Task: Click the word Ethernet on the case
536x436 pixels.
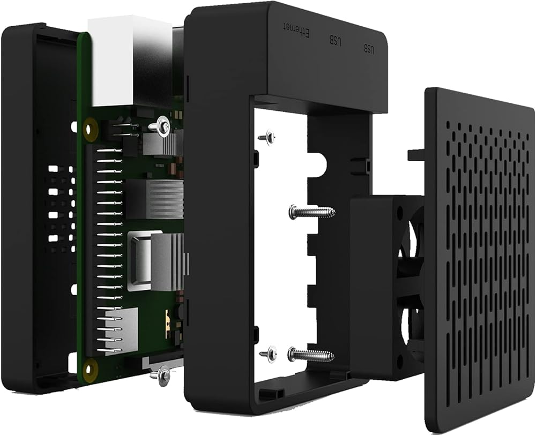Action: tap(297, 30)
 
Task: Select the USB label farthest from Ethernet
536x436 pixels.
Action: tap(369, 49)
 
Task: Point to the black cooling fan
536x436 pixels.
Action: tap(386, 288)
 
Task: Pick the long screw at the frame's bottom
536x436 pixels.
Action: tap(311, 355)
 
